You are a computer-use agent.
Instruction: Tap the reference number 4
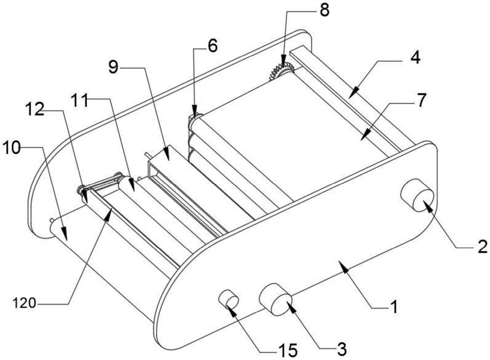415,57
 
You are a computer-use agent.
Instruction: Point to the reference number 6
212,46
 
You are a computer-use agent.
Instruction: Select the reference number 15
288,350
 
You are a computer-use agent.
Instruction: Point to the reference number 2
482,246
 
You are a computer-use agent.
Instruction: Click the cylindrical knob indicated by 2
417,195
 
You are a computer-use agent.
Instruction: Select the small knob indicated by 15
228,299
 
